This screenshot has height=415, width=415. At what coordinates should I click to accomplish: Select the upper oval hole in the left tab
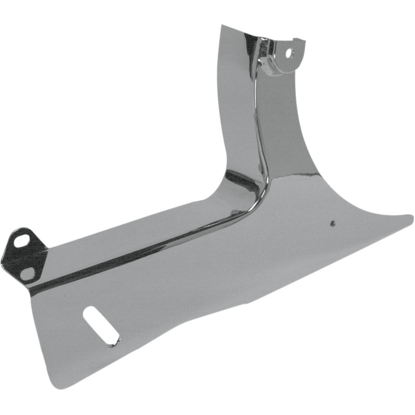(x=23, y=241)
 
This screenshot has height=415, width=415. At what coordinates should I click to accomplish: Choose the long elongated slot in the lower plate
(x=101, y=325)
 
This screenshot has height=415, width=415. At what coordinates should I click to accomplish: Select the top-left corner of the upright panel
(x=222, y=25)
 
